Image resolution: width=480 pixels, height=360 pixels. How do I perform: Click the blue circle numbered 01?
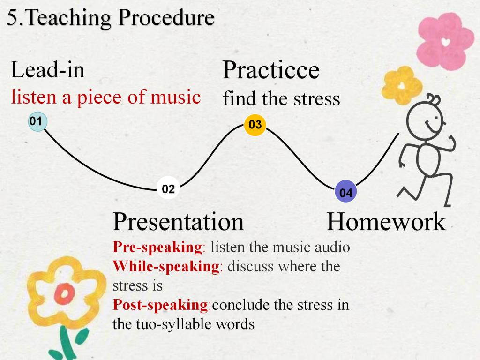pos(37,121)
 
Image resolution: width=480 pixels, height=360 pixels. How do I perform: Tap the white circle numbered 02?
pos(168,188)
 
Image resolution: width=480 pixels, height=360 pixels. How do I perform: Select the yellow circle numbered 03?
pos(255,125)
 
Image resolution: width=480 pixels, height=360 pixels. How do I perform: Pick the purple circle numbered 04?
pos(346,192)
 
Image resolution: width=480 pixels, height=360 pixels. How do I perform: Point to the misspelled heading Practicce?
pos(271,70)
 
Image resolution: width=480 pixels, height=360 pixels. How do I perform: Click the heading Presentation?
pos(178,221)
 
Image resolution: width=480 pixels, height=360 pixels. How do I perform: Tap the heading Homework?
pos(386,221)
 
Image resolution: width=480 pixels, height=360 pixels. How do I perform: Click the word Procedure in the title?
pos(166,17)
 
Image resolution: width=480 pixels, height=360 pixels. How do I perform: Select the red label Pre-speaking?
pos(157,247)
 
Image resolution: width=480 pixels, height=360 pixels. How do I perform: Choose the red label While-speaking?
pos(166,266)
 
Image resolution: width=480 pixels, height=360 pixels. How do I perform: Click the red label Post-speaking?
pos(160,305)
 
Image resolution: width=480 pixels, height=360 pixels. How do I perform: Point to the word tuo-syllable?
pos(174,324)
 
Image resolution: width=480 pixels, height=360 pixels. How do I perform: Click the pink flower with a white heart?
pos(445,41)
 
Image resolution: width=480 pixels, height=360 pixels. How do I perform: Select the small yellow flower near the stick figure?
pos(402,85)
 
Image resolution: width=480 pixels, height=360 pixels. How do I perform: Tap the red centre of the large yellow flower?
pos(64,294)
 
